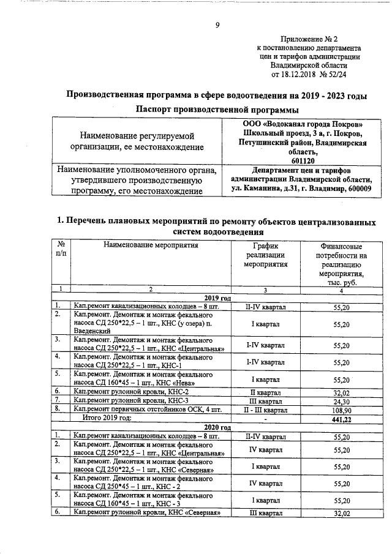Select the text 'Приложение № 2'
tap(308, 38)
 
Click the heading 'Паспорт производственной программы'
tap(217, 110)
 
